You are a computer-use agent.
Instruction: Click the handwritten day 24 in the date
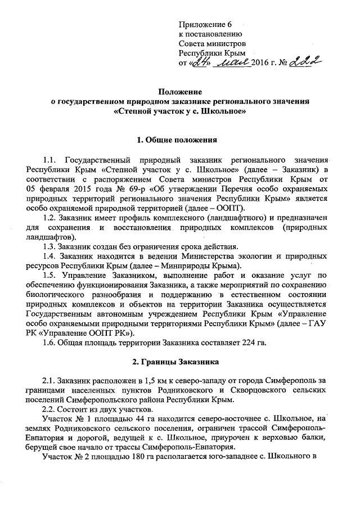pyautogui.click(x=199, y=61)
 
